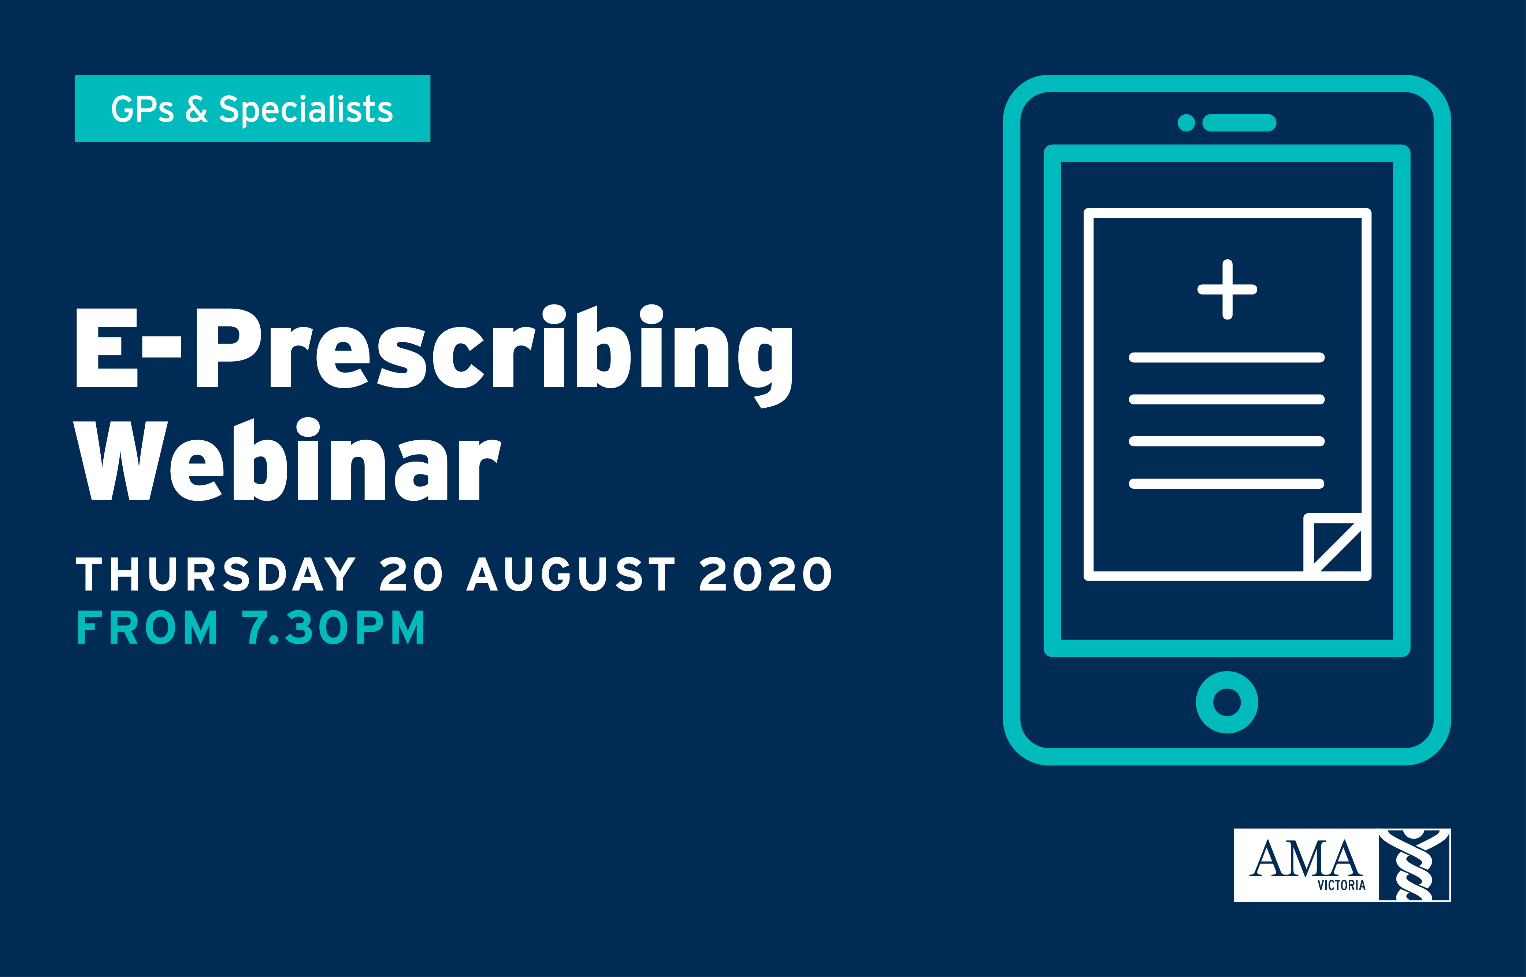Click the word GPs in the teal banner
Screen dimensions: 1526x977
142,109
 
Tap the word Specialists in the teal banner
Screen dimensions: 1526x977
306,109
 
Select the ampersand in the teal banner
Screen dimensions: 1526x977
197,109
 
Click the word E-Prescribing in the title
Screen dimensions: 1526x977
434,355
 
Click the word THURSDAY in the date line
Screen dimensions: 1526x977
216,574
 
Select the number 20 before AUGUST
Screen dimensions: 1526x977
411,574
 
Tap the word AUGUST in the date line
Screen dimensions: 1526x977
571,574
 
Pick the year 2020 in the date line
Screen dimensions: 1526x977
765,574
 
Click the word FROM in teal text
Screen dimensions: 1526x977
147,628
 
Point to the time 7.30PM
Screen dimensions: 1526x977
333,628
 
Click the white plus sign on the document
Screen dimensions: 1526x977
1227,289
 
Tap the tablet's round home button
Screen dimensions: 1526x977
1227,702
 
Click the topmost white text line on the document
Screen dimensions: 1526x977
1227,357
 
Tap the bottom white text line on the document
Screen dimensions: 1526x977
1227,484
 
